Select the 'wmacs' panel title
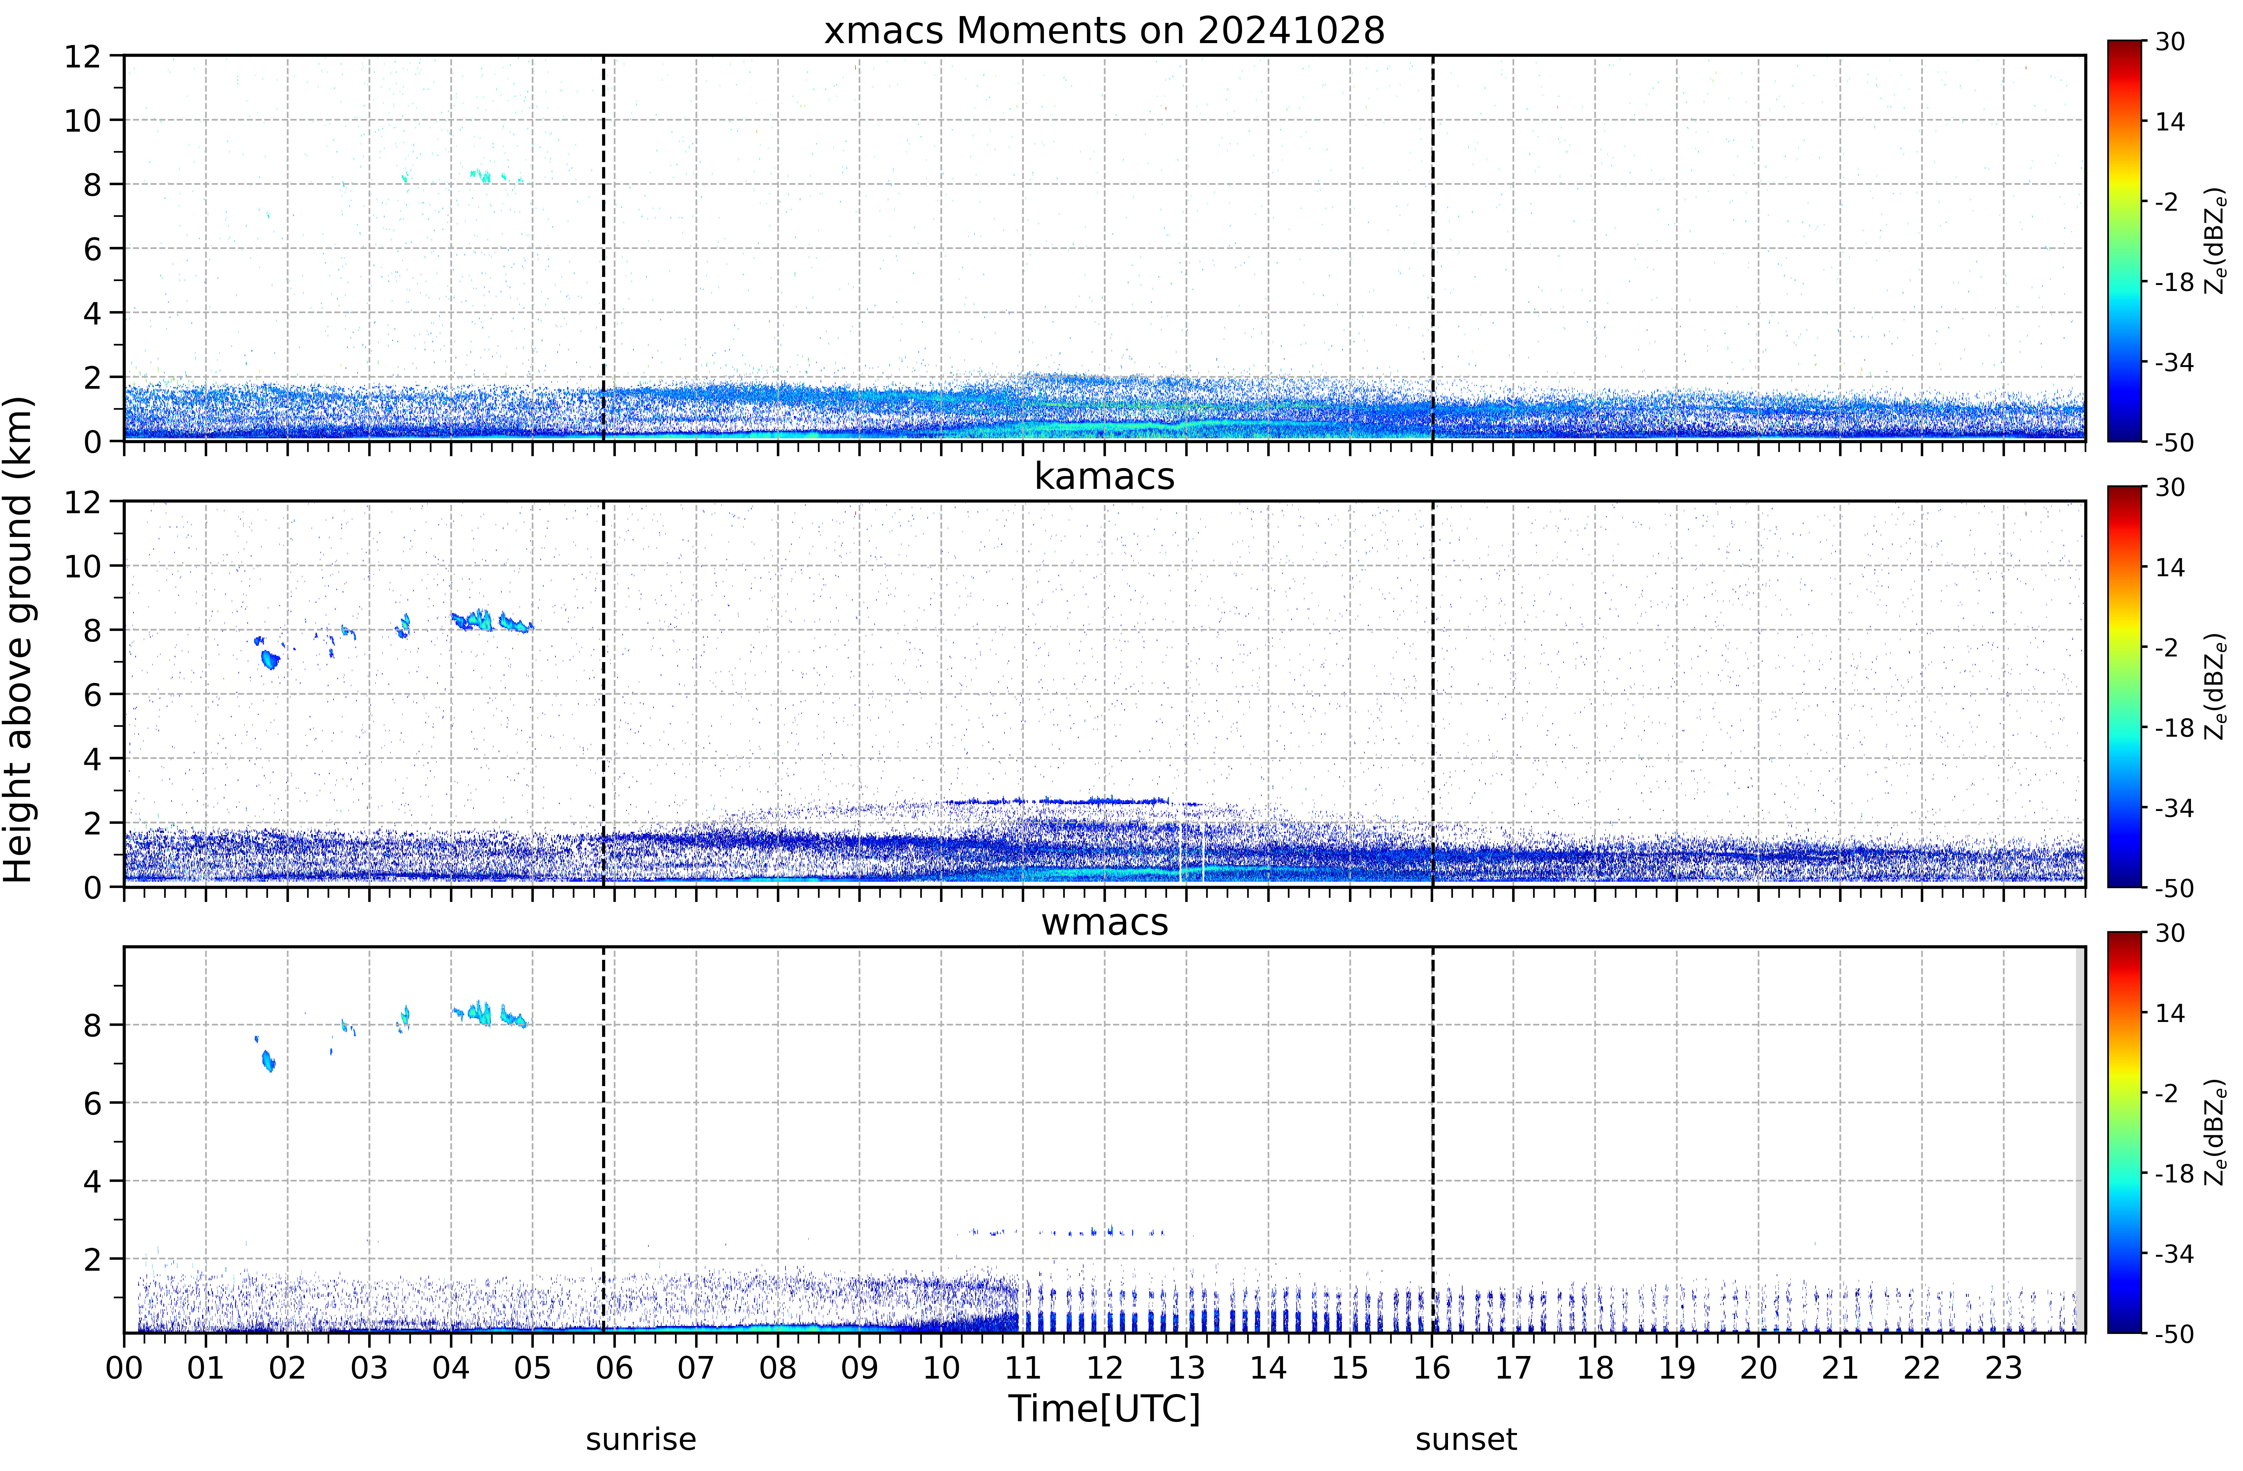(1104, 922)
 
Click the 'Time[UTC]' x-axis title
(1104, 1409)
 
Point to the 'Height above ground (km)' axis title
(19, 639)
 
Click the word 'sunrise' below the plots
(641, 1440)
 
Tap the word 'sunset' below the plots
(1466, 1440)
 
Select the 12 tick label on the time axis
(1104, 1367)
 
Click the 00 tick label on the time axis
(125, 1367)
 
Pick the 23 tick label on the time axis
(2004, 1367)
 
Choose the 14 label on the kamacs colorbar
(2170, 567)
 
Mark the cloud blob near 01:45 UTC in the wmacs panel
(269, 1061)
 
